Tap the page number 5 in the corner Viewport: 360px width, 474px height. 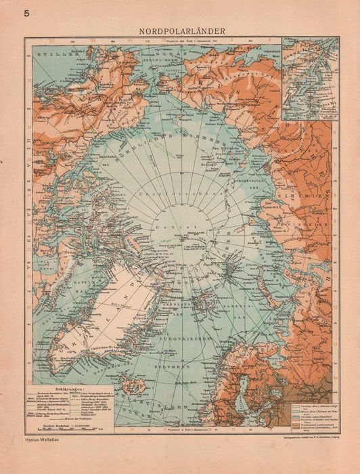pos(26,14)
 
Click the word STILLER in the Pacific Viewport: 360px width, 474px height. pos(51,51)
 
